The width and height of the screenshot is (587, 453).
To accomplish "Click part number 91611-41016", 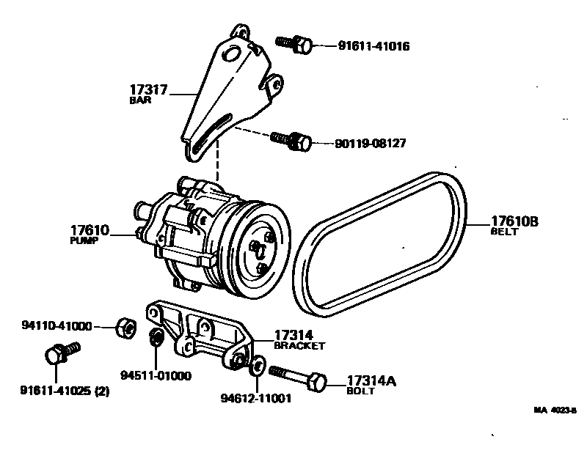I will pyautogui.click(x=373, y=46).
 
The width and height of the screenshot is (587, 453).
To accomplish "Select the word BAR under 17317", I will pyautogui.click(x=140, y=101).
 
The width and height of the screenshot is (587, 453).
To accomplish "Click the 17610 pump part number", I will pyautogui.click(x=90, y=230).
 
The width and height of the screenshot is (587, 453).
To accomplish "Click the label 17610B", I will pyautogui.click(x=514, y=221).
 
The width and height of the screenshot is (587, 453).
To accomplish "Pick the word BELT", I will pyautogui.click(x=504, y=232).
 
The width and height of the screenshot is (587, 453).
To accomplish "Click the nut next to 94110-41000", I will pyautogui.click(x=124, y=326).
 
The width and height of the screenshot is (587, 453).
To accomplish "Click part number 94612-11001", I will pyautogui.click(x=256, y=399).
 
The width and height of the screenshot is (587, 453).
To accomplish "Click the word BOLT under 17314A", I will pyautogui.click(x=360, y=391).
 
